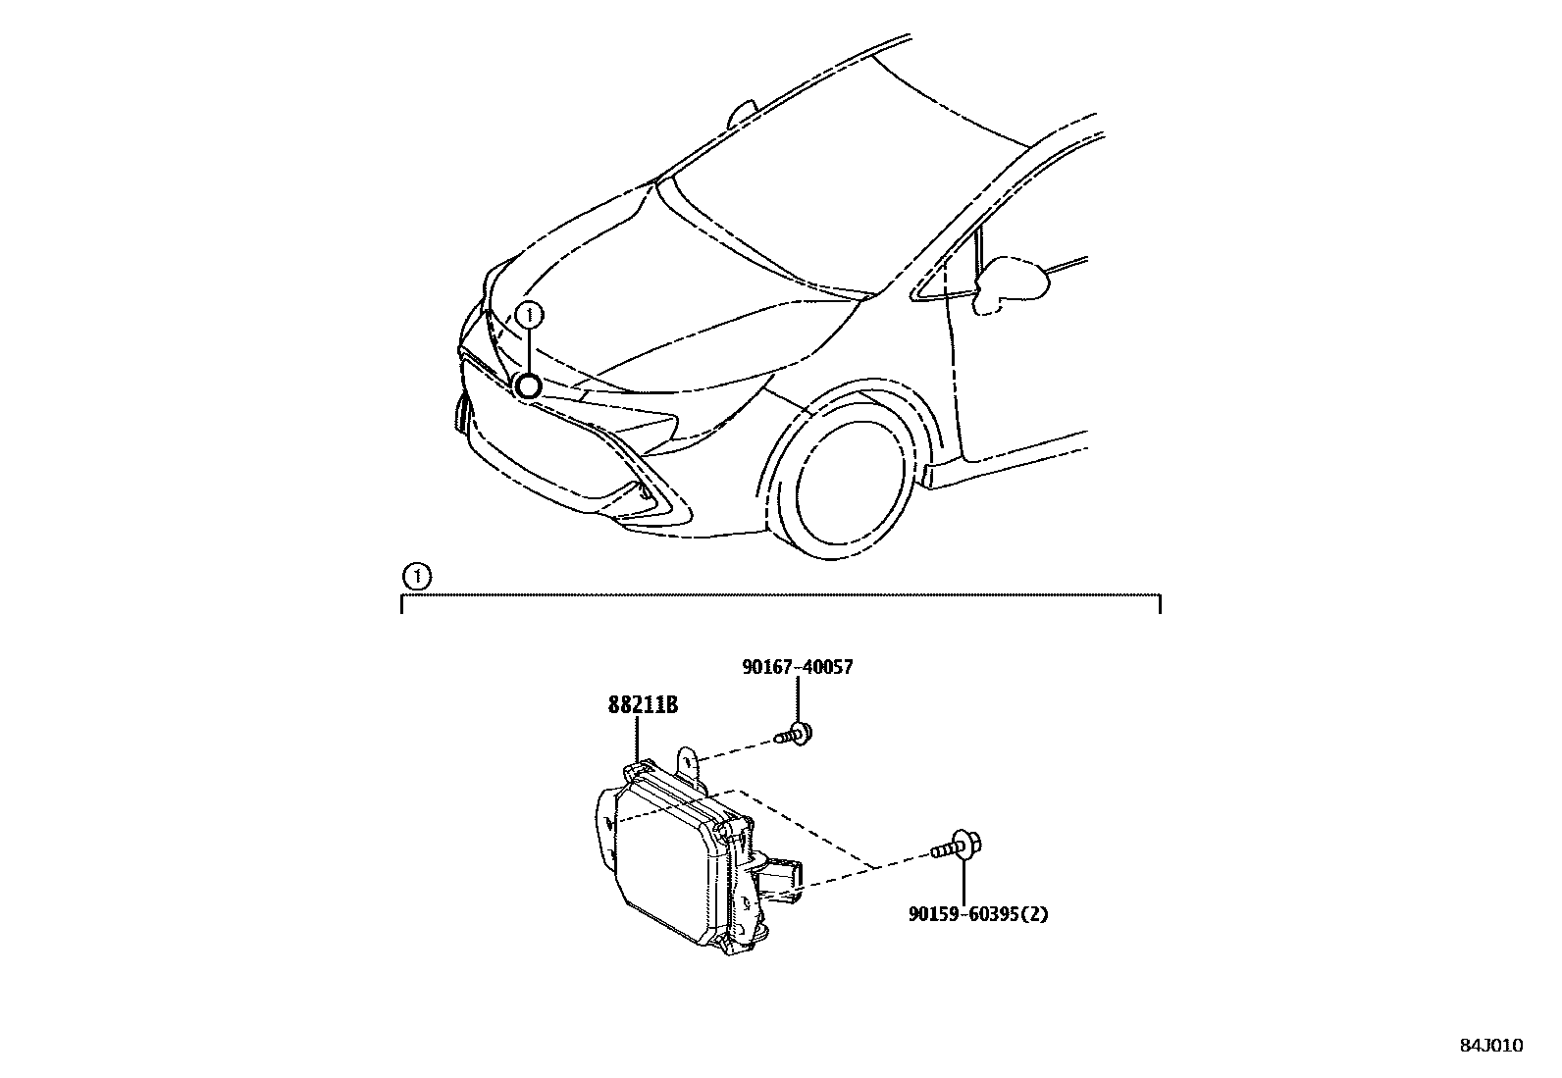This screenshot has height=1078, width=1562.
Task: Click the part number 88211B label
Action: [x=643, y=705]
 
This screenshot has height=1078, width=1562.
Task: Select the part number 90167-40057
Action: [x=797, y=667]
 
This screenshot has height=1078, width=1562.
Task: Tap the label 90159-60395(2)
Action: [x=978, y=914]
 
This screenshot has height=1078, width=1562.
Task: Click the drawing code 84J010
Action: [x=1489, y=1046]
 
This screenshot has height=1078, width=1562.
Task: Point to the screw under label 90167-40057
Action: [x=796, y=733]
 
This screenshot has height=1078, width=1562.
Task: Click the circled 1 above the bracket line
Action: [x=417, y=576]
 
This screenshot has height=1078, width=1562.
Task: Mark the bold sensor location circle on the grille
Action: [x=528, y=386]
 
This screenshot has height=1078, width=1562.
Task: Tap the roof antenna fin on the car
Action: [x=742, y=115]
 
